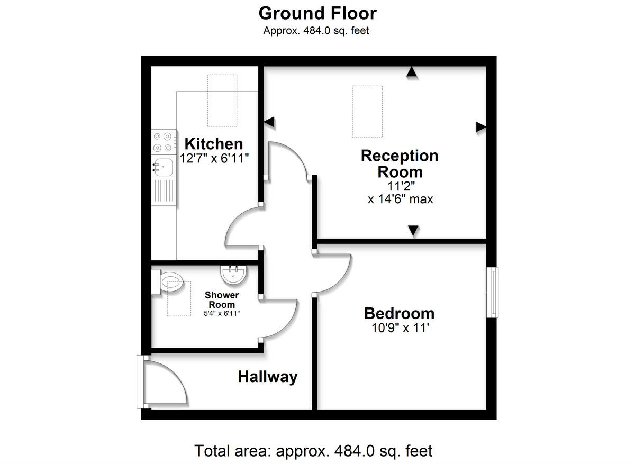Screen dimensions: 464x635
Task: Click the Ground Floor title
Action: [x=317, y=13]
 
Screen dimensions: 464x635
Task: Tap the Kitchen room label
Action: [x=213, y=143]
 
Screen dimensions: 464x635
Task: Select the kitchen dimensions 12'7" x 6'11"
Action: [x=214, y=158]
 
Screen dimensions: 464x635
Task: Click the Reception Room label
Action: [x=400, y=163]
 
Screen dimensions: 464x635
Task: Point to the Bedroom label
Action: [x=399, y=313]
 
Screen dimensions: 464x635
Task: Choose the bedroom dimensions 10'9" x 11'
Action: [x=399, y=328]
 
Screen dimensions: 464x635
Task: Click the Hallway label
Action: [x=267, y=377]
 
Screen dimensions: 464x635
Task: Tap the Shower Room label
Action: [x=222, y=299]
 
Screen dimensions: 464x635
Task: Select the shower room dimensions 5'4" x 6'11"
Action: [x=222, y=313]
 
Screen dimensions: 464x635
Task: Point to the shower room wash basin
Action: [x=233, y=274]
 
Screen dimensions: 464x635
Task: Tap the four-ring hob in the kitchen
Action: [x=163, y=141]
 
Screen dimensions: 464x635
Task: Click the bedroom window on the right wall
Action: [x=493, y=292]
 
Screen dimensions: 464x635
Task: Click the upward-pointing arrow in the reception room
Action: [x=411, y=73]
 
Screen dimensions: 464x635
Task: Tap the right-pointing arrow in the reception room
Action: [x=480, y=126]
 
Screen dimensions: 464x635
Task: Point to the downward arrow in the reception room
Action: [x=413, y=231]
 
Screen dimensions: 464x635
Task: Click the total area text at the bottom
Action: [x=314, y=451]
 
